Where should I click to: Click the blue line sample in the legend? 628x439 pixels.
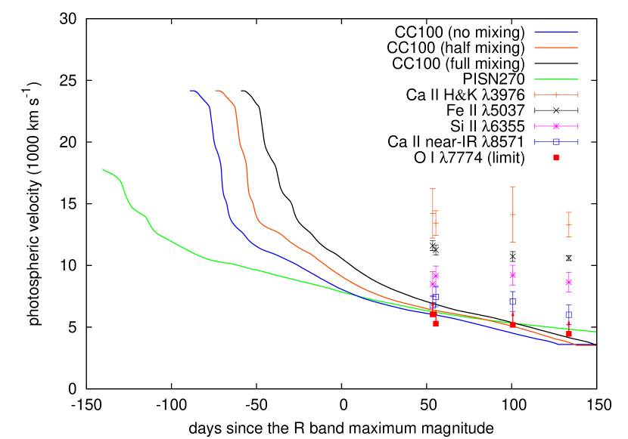click(556, 32)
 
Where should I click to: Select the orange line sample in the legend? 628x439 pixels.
click(556, 48)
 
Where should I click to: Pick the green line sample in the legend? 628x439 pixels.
click(556, 79)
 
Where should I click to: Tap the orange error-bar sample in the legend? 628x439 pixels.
click(556, 94)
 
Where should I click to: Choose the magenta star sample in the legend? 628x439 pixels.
click(556, 126)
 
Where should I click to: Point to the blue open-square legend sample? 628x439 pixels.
click(556, 141)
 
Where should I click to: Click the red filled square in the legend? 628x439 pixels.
click(556, 157)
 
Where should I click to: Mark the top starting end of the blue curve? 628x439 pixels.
click(191, 91)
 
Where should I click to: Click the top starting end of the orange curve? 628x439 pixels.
click(216, 91)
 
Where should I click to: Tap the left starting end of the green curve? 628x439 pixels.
click(103, 169)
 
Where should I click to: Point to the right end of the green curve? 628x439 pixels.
click(595, 331)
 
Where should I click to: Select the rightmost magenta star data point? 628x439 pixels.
click(569, 282)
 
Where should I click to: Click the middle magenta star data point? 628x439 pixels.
click(513, 275)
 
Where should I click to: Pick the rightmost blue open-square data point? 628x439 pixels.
click(568, 315)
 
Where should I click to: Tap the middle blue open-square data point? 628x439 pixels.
click(512, 301)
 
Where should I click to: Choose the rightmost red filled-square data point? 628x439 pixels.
click(569, 333)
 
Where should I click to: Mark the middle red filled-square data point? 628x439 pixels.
click(513, 324)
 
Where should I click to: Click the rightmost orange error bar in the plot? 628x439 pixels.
click(569, 224)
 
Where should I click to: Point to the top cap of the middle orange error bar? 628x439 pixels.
click(513, 187)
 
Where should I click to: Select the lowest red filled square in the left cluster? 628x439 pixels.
click(436, 323)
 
